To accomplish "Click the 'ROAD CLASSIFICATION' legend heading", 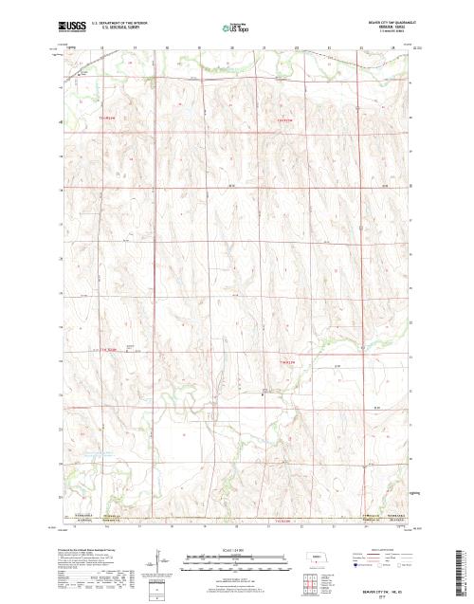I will click(386, 549).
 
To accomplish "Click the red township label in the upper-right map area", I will click(285, 121).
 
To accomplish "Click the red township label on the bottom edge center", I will click(283, 522).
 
